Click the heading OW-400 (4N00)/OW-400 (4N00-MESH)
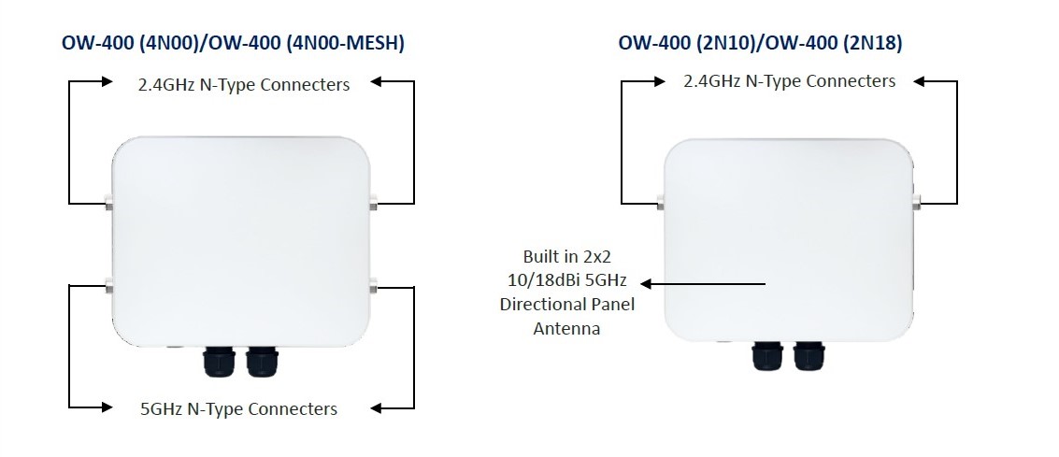(x=233, y=42)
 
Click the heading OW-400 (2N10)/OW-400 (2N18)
(x=760, y=42)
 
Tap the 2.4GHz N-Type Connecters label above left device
(x=244, y=85)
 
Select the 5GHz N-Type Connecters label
(x=237, y=408)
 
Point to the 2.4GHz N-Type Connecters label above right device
(x=790, y=81)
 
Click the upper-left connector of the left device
(x=108, y=200)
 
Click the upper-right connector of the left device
(x=374, y=200)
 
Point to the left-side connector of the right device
(x=661, y=200)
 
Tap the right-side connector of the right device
(x=917, y=199)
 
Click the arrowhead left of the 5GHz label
(x=108, y=407)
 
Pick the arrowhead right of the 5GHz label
(x=376, y=407)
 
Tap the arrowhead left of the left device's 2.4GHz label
(x=108, y=82)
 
